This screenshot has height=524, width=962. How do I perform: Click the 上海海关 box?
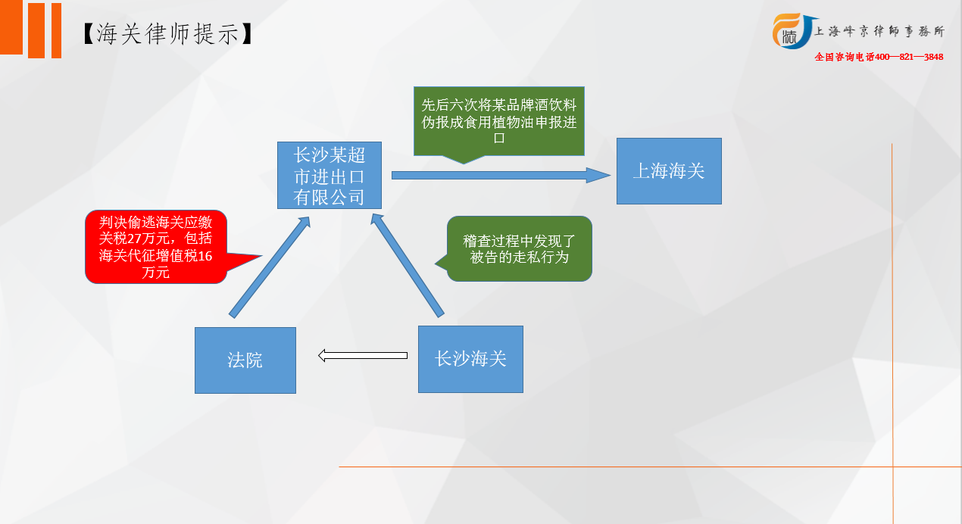point(669,171)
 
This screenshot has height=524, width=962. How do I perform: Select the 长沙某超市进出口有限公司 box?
point(330,175)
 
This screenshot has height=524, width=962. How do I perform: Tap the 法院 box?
point(245,360)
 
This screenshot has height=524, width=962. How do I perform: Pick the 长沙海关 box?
point(470,359)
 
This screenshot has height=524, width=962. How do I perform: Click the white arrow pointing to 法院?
point(363,355)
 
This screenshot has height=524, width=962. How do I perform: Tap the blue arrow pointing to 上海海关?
point(501,175)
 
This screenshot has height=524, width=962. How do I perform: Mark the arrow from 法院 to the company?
point(269,267)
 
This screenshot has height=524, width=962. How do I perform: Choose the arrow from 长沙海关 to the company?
point(407,265)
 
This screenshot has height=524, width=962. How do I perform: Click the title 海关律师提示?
point(167,33)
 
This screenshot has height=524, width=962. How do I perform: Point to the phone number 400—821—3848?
point(909,57)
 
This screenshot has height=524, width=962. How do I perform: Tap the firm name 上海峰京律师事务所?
point(879,31)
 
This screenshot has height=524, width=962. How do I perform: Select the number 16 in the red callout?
point(205,256)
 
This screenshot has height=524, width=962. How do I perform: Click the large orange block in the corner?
point(11,27)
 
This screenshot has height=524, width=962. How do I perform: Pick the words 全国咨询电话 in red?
point(845,57)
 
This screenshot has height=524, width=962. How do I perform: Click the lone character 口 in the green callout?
point(499,138)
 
